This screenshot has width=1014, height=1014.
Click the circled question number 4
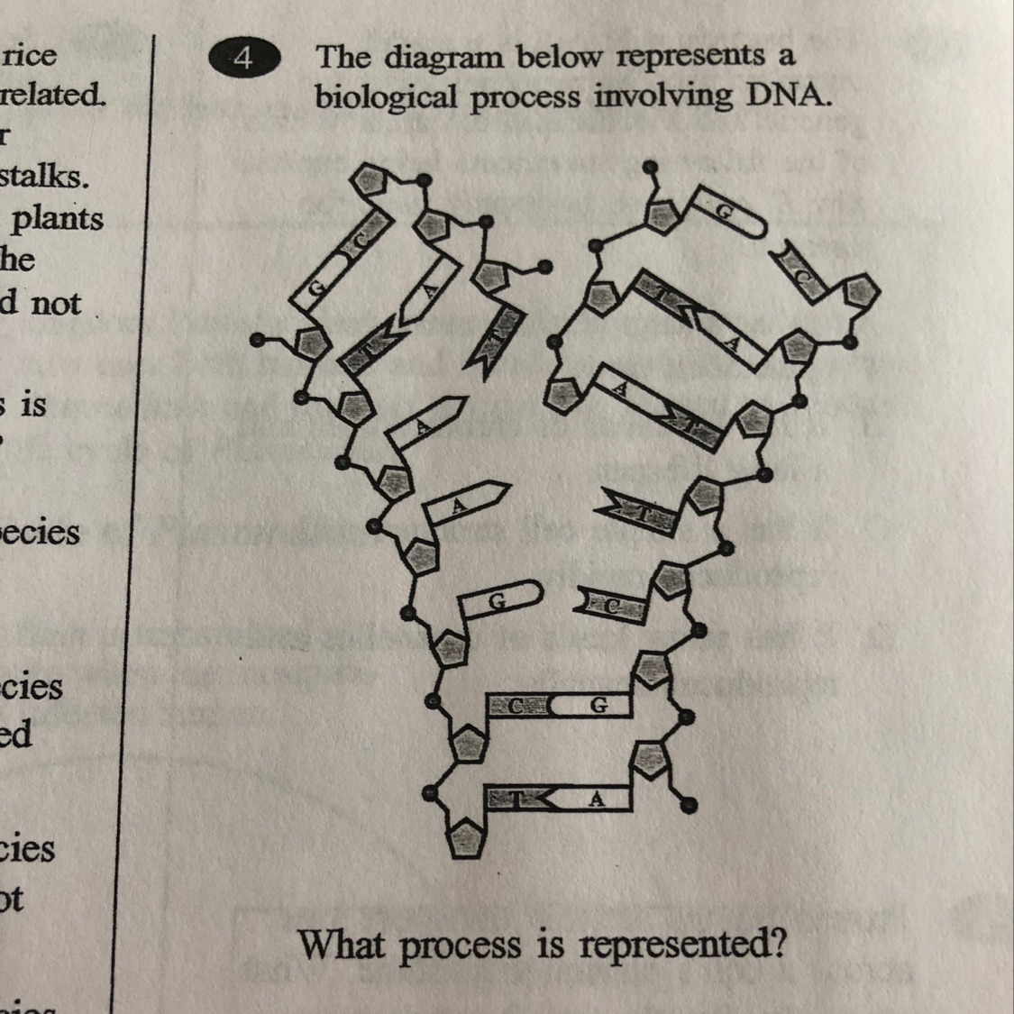(x=243, y=59)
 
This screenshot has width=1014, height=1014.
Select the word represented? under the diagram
(x=683, y=945)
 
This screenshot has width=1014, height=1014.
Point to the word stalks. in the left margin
(x=45, y=176)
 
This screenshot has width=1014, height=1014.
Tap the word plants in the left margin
(x=57, y=219)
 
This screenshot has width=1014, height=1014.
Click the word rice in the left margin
(x=30, y=56)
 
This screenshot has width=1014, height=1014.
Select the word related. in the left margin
(x=52, y=94)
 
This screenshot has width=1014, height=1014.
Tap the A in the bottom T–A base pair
(x=596, y=799)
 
